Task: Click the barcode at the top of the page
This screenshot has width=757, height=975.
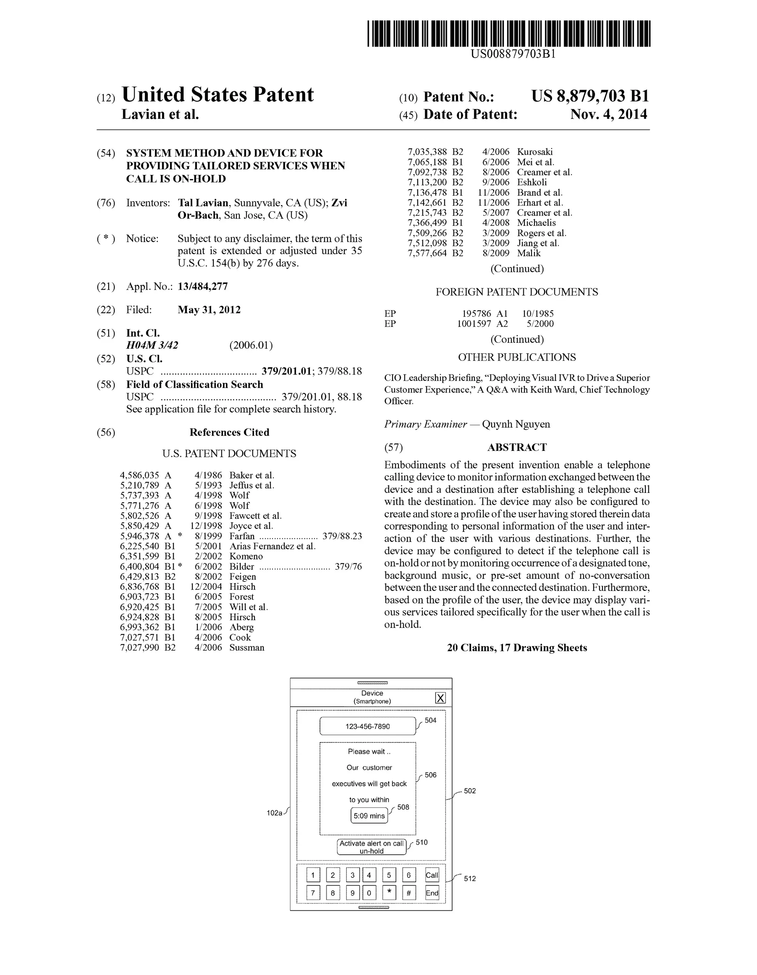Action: [509, 34]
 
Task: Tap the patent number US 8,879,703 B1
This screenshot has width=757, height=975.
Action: [590, 96]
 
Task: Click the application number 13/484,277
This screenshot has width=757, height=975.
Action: [203, 287]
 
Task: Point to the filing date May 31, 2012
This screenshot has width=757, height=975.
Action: [209, 310]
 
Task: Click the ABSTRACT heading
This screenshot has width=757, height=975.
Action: [517, 447]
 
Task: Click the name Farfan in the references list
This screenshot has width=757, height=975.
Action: [242, 536]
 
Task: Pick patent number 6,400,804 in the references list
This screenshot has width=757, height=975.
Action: [139, 567]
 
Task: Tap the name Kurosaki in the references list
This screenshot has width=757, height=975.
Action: [534, 152]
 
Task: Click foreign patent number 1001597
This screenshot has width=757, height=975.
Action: [474, 324]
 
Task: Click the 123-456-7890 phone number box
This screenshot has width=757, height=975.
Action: [367, 726]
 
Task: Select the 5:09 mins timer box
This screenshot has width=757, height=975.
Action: [369, 815]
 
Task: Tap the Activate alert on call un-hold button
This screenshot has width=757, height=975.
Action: [371, 847]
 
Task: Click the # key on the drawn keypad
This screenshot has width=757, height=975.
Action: [408, 893]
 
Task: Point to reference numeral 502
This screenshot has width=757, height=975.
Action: [470, 791]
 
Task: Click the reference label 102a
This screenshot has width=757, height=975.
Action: [274, 813]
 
